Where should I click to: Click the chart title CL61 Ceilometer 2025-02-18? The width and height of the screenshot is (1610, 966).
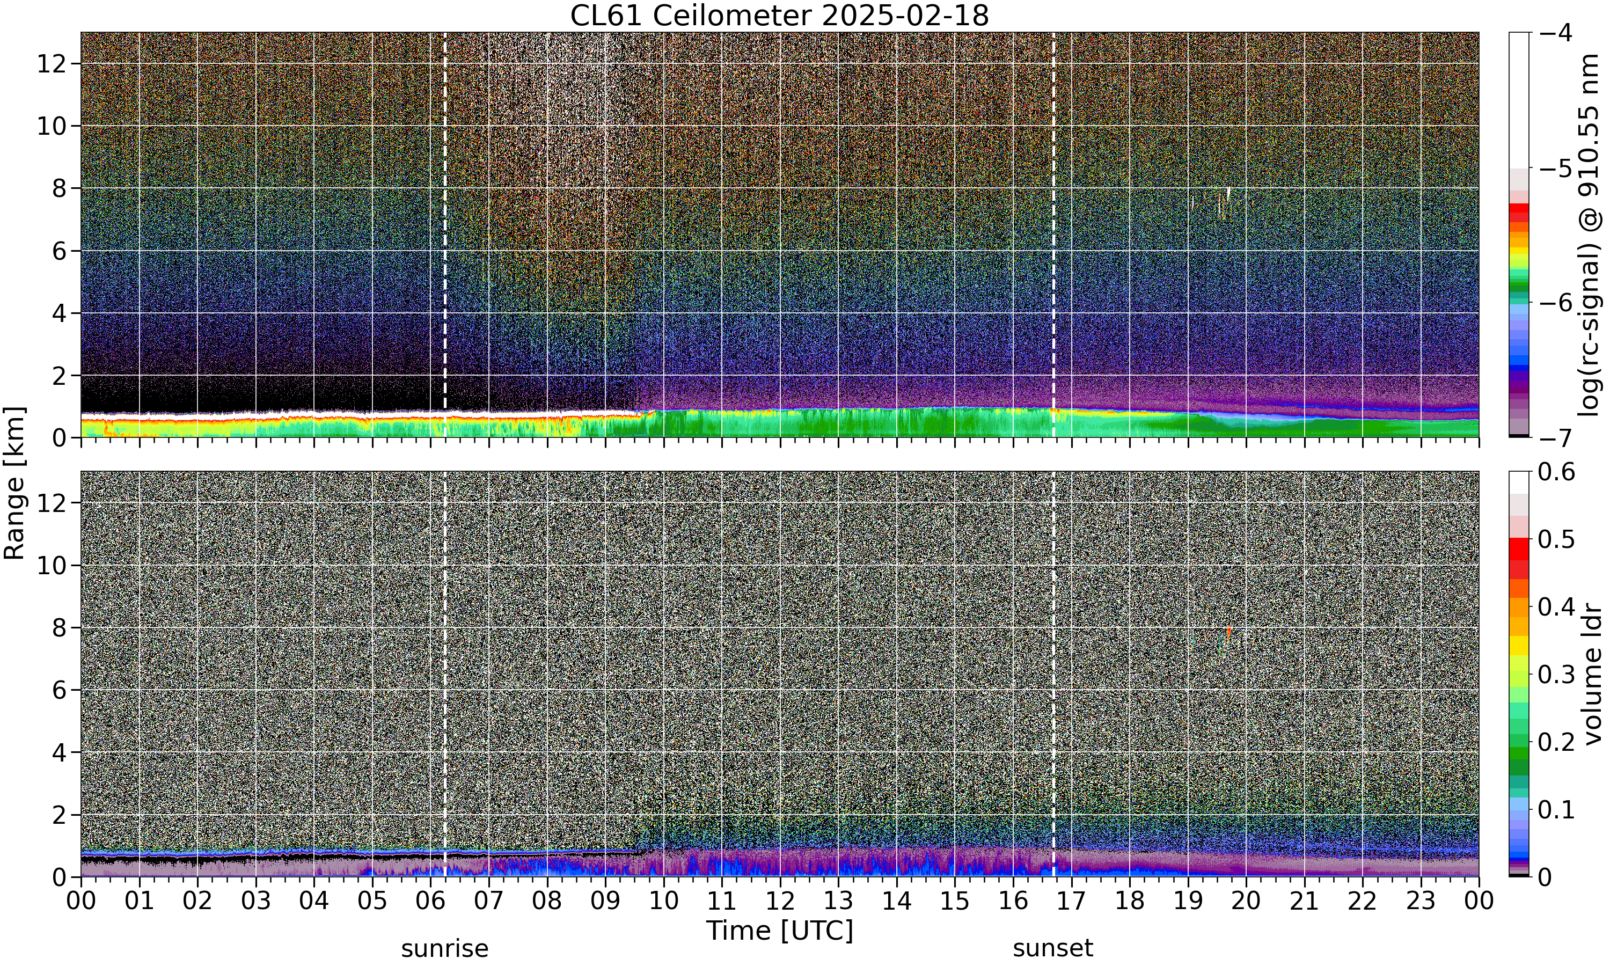coord(779,15)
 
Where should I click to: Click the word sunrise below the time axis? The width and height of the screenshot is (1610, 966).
coord(444,948)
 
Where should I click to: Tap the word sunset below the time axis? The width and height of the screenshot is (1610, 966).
coord(1053,948)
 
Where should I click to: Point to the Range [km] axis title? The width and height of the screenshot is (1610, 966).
coord(14,484)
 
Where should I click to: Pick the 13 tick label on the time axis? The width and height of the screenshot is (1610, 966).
coord(838,901)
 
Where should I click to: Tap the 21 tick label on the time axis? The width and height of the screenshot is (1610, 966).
coord(1304,901)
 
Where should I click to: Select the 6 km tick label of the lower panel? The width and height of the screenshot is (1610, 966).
coord(58,690)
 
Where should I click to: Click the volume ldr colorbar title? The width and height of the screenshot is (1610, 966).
coord(1592,675)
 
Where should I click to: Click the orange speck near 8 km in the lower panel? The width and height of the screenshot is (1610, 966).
coord(1228,633)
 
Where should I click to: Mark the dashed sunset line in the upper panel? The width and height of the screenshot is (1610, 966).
coord(1053,235)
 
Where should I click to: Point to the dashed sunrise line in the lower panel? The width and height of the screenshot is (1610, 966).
coord(444,674)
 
